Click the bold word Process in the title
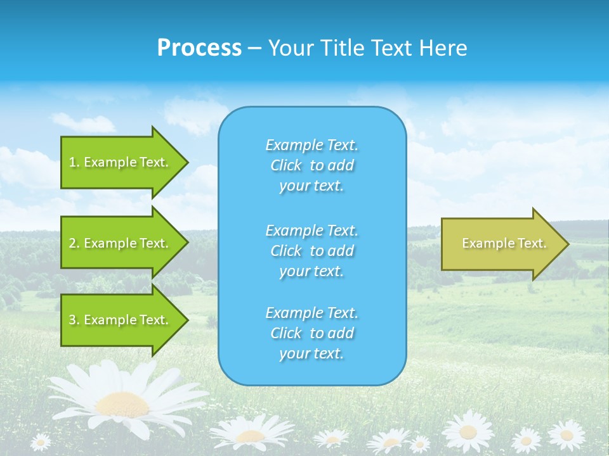[x=199, y=48]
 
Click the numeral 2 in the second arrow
[x=73, y=243]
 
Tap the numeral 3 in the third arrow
[x=73, y=320]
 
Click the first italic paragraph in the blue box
[x=311, y=165]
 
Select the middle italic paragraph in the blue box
[x=311, y=251]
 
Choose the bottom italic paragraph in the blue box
[x=311, y=333]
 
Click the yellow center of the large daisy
[x=123, y=403]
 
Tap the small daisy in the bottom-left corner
[x=41, y=441]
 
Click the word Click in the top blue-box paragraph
[x=286, y=165]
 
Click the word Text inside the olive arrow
[x=532, y=243]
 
